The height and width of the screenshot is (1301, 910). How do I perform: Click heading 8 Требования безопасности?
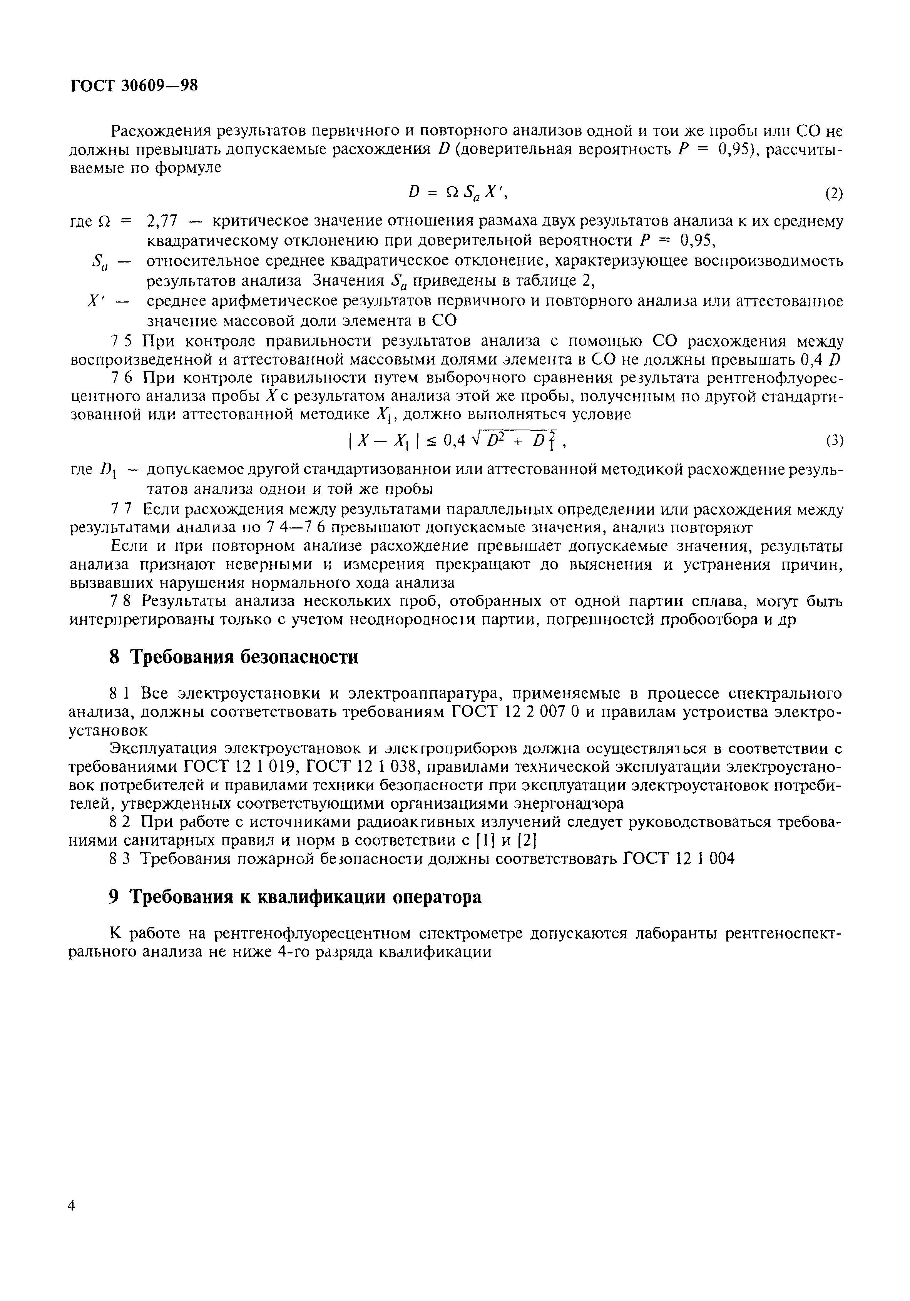tap(233, 657)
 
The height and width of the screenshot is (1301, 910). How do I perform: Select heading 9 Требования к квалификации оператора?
tap(294, 897)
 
